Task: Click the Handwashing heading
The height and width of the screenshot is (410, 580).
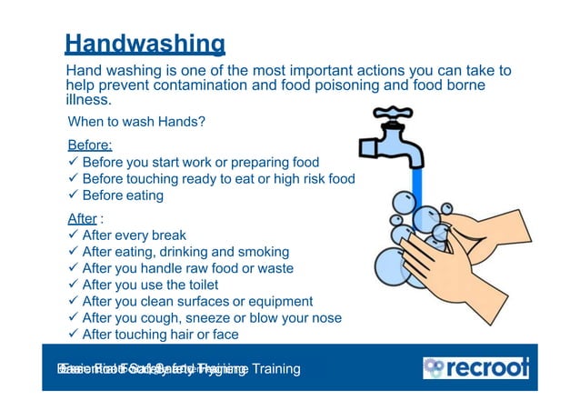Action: pyautogui.click(x=145, y=43)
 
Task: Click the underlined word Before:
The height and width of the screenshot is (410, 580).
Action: pyautogui.click(x=90, y=145)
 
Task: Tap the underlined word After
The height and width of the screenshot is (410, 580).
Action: pyautogui.click(x=82, y=218)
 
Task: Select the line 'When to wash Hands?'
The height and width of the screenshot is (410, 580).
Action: pyautogui.click(x=136, y=122)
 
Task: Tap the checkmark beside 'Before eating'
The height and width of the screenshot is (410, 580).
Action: pyautogui.click(x=74, y=195)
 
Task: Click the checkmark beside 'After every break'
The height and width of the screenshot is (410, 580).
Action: pyautogui.click(x=74, y=235)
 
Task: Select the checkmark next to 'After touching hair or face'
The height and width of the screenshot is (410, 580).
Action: pyautogui.click(x=74, y=334)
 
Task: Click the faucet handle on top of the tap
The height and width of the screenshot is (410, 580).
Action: pyautogui.click(x=392, y=115)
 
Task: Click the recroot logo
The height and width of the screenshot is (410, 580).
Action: pyautogui.click(x=475, y=368)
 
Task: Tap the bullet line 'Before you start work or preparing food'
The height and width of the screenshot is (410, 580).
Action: pyautogui.click(x=200, y=163)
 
